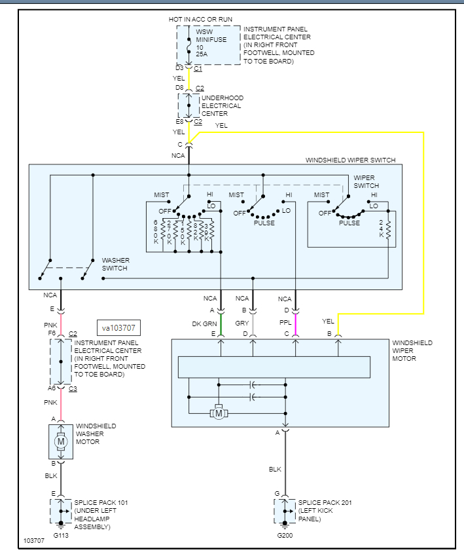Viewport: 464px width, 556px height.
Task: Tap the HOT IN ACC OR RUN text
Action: click(x=200, y=20)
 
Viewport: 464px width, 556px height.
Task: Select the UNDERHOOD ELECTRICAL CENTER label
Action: click(x=221, y=105)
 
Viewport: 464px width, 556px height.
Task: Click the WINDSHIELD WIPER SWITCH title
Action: click(x=350, y=160)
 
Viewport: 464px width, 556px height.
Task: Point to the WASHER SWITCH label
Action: click(x=115, y=264)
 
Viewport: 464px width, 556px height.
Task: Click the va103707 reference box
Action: click(x=118, y=327)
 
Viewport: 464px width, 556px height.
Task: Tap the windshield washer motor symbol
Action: click(x=61, y=441)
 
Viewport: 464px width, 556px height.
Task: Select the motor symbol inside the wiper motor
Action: click(x=219, y=413)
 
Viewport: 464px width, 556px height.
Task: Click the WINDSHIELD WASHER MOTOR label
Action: click(x=96, y=434)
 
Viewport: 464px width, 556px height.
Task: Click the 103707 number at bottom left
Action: click(x=34, y=542)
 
